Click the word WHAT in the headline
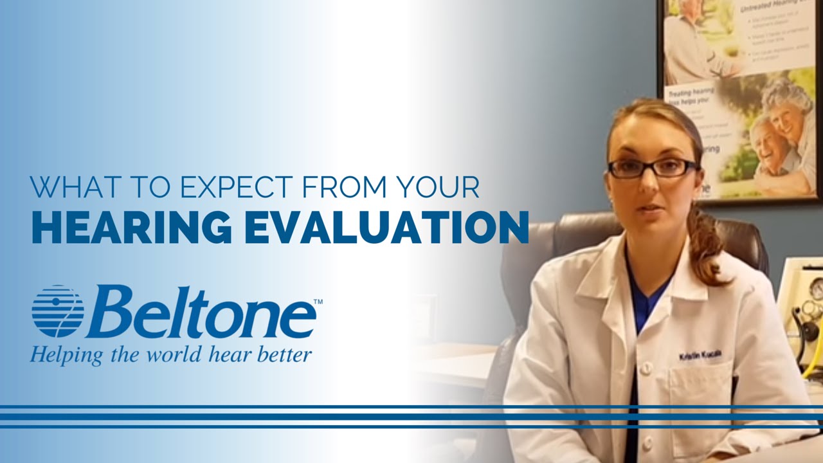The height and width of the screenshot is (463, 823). click(71, 186)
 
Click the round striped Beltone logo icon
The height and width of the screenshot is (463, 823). click(58, 311)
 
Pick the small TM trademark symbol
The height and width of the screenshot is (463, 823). click(318, 301)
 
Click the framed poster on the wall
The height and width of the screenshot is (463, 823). click(739, 96)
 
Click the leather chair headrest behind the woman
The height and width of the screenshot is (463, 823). click(547, 244)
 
